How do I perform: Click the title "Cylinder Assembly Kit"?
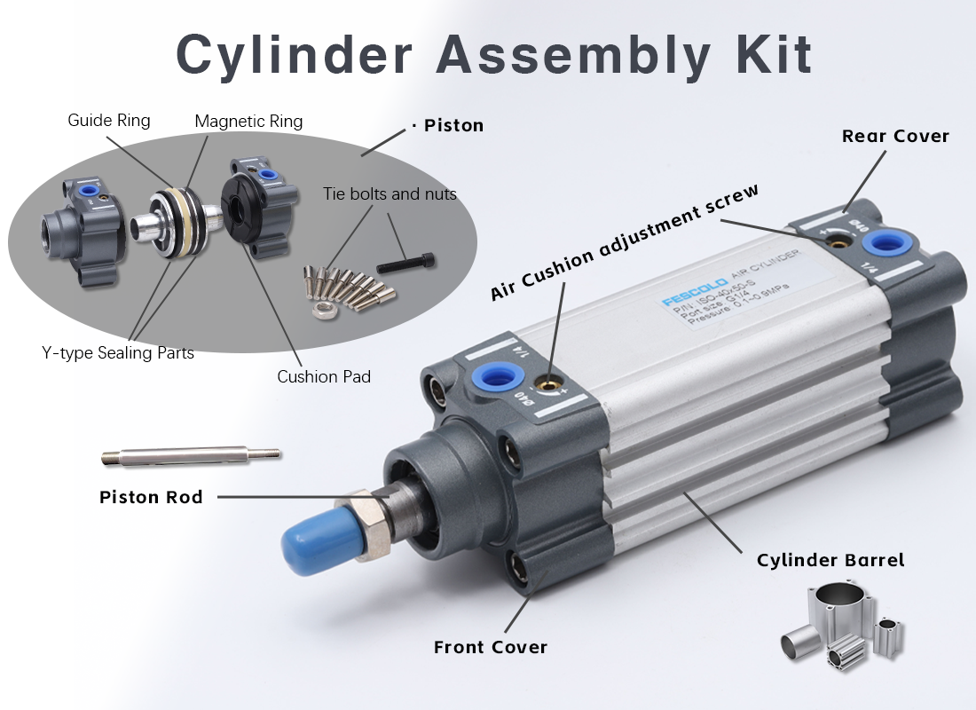pyautogui.click(x=493, y=55)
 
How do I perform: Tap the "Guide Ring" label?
pyautogui.click(x=109, y=120)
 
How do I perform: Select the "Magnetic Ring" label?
pyautogui.click(x=248, y=121)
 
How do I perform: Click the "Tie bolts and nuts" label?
pyautogui.click(x=390, y=193)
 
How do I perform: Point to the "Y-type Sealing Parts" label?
pyautogui.click(x=118, y=352)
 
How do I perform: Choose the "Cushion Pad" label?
pyautogui.click(x=324, y=376)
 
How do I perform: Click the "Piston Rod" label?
pyautogui.click(x=151, y=497)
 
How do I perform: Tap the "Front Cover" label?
pyautogui.click(x=491, y=647)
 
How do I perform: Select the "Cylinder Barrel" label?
pyautogui.click(x=830, y=560)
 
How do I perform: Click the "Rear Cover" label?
pyautogui.click(x=895, y=136)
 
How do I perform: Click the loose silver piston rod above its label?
pyautogui.click(x=191, y=457)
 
